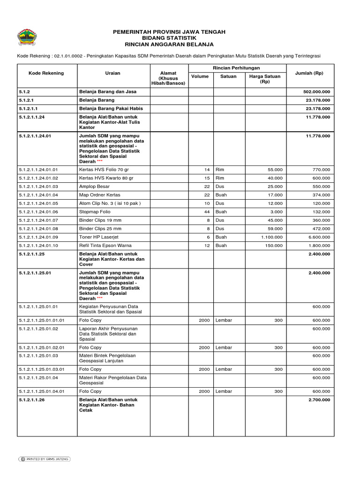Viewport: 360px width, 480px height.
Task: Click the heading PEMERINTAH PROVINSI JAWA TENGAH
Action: pos(169,31)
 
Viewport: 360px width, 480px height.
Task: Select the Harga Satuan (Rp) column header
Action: pos(265,78)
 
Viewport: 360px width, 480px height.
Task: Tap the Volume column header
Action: pos(200,76)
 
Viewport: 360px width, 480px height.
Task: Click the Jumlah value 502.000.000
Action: pos(317,92)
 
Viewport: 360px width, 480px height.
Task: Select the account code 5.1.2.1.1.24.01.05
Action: pos(38,203)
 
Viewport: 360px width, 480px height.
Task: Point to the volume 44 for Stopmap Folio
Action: pos(207,212)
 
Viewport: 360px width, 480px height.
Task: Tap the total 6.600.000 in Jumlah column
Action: pos(319,237)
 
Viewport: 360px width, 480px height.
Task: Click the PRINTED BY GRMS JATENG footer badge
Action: pos(44,459)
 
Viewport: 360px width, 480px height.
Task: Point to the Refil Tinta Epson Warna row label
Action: pos(105,246)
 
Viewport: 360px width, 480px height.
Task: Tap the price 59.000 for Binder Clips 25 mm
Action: pos(275,229)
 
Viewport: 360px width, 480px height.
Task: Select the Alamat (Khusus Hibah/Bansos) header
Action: pos(168,78)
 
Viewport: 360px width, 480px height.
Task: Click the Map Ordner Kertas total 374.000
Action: pos(321,195)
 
